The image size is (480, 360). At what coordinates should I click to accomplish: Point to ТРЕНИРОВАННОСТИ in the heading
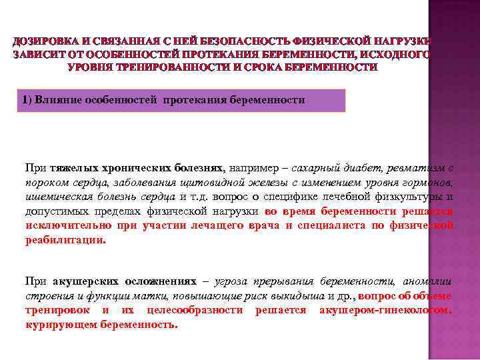pos(161,67)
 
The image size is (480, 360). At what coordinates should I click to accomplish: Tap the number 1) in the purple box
pos(27,100)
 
